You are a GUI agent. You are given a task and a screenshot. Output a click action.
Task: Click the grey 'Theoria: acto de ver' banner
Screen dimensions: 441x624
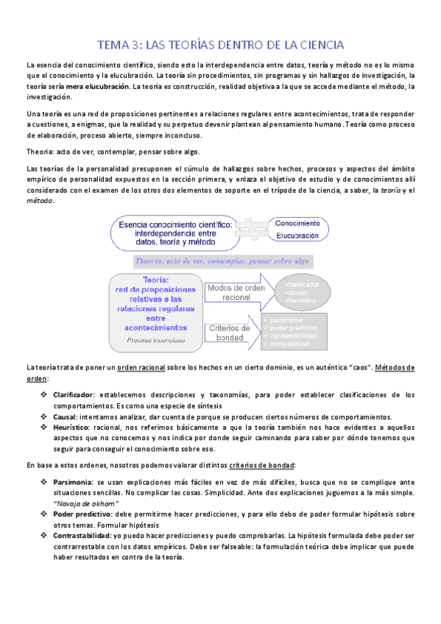[x=221, y=260]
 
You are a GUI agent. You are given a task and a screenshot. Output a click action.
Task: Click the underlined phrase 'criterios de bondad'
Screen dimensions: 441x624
[x=263, y=465]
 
